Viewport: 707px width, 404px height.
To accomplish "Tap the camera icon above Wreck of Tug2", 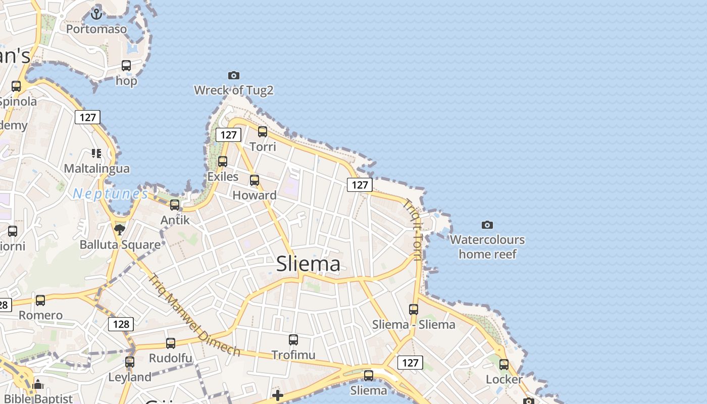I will (x=233, y=76).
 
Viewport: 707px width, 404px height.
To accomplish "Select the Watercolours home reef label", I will (x=487, y=246).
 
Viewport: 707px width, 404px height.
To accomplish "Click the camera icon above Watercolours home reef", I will (x=487, y=225).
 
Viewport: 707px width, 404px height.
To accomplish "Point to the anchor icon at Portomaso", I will (x=96, y=14).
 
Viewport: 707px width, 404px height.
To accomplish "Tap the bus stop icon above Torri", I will (x=263, y=132).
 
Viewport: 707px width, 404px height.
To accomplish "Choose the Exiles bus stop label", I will (x=223, y=177).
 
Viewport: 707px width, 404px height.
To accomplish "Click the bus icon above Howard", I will (x=255, y=180).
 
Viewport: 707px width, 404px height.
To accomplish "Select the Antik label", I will (x=175, y=220).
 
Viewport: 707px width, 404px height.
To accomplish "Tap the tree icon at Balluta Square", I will (x=120, y=230).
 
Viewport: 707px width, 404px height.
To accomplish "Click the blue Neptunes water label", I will (x=110, y=194).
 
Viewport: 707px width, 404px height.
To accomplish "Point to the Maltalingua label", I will (x=96, y=168).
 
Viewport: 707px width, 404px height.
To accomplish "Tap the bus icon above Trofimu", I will (x=293, y=340).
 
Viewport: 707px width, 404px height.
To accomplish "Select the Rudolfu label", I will (x=170, y=359).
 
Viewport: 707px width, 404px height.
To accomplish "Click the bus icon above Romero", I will (x=40, y=300).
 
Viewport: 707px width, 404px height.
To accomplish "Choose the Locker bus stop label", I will (x=504, y=379).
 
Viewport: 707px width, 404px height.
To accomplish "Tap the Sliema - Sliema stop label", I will (x=414, y=324).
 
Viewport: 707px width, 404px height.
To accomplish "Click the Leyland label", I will (x=130, y=377).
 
